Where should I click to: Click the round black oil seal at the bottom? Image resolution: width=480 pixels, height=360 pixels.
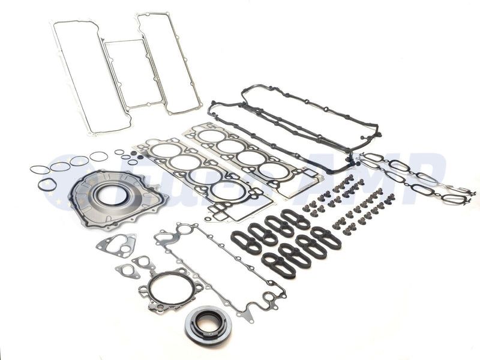click(x=208, y=325)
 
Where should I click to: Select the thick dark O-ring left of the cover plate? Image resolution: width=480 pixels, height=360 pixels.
click(x=47, y=185)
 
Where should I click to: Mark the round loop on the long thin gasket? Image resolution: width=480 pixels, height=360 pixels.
click(x=183, y=229)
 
